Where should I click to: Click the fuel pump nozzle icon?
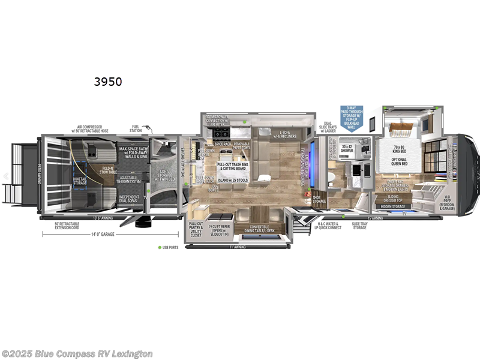pyautogui.click(x=152, y=129)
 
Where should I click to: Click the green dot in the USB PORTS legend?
pyautogui.click(x=159, y=247)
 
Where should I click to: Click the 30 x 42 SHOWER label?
pyautogui.click(x=347, y=149)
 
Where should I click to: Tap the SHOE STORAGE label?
pyautogui.click(x=319, y=199)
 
